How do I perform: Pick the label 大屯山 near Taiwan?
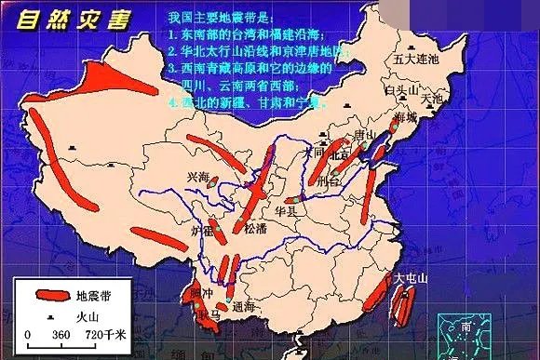click(411, 276)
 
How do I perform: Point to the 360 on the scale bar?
click(61, 334)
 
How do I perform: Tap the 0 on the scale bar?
click(29, 334)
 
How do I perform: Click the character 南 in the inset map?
click(465, 327)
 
